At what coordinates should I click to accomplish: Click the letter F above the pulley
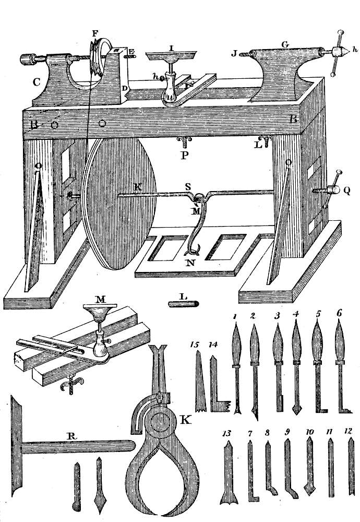pos(94,32)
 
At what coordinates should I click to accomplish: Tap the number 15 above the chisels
pos(196,345)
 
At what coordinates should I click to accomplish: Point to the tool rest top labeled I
pos(171,53)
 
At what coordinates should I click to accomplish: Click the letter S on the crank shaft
pos(190,186)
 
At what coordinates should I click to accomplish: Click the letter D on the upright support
pos(124,89)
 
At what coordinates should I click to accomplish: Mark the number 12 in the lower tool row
pos(350,432)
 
